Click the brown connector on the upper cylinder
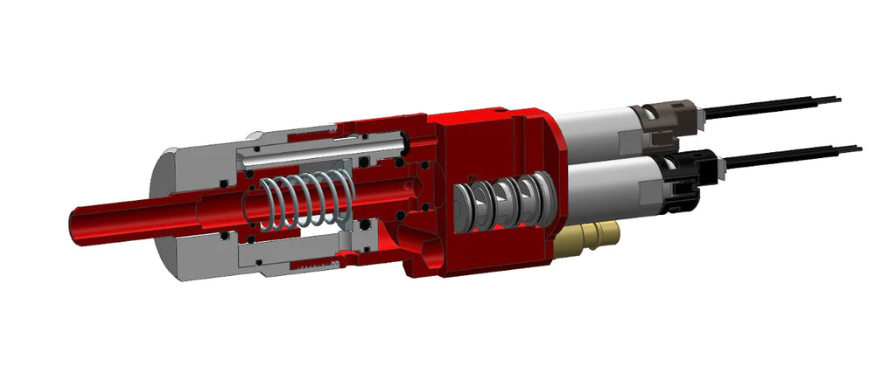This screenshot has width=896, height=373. pyautogui.click(x=670, y=118)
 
